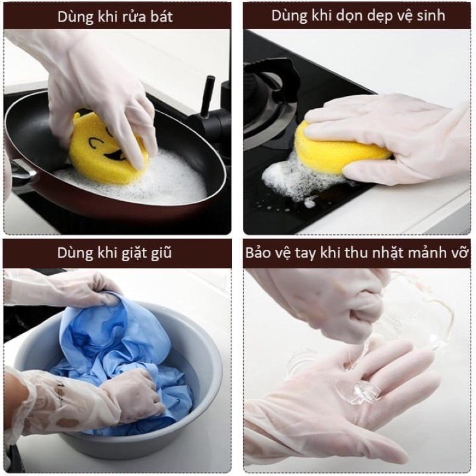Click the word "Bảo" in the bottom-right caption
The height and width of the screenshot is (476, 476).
258,252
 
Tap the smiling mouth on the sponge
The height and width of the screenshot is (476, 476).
116,156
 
